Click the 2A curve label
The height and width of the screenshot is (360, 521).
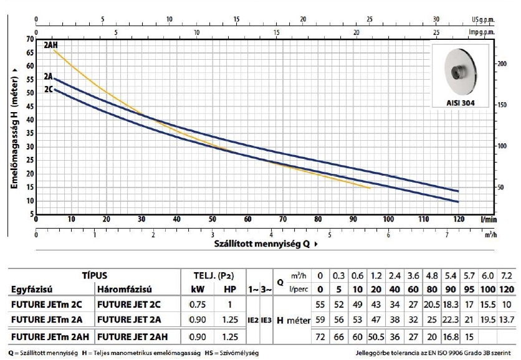49,77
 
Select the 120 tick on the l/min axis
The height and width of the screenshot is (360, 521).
459,219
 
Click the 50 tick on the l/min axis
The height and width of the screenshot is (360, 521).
212,219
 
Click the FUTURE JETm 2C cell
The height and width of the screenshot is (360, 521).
49,305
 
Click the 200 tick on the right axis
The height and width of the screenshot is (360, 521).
485,64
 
